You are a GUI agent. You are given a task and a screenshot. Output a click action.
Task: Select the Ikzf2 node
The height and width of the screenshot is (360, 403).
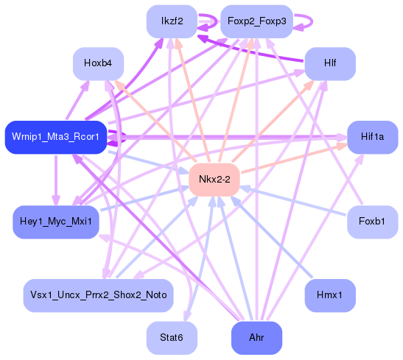point(172,21)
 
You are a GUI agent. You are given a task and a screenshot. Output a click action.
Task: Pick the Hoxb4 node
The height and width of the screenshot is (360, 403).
point(98,64)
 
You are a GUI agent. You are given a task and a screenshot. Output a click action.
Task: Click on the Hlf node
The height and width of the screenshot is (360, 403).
point(330,64)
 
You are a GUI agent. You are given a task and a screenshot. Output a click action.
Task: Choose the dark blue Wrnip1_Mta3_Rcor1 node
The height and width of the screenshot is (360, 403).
point(56,137)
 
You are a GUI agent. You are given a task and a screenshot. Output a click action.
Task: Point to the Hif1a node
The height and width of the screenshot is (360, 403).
point(372,137)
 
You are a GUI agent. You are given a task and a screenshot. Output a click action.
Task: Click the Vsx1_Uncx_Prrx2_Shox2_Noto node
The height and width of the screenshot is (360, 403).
point(98,294)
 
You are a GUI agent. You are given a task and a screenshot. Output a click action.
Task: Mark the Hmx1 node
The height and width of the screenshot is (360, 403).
point(330,294)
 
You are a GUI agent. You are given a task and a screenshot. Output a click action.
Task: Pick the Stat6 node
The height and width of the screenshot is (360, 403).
point(172,338)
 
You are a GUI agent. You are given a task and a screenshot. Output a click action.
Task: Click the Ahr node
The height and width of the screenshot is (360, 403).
point(256,338)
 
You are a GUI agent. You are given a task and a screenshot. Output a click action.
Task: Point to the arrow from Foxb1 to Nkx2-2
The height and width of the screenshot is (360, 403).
point(295,200)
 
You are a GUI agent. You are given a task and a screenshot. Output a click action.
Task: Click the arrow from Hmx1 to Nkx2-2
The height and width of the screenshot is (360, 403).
point(273,237)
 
